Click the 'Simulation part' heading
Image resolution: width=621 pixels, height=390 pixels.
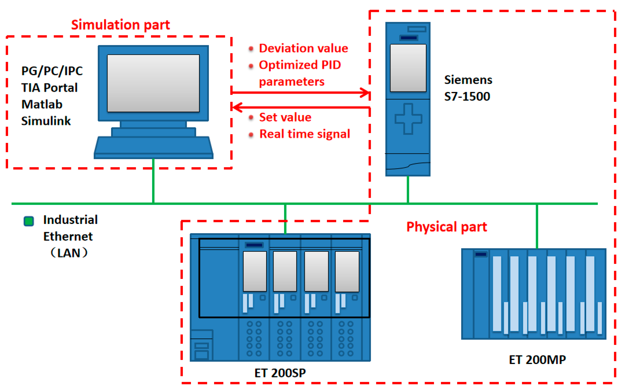[x=120, y=25]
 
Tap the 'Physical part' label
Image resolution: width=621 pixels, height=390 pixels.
[x=446, y=227]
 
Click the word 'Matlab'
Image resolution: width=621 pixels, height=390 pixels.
[x=42, y=104]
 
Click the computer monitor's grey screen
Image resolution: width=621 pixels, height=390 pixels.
[x=153, y=83]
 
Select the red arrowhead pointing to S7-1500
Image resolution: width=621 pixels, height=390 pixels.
[x=366, y=93]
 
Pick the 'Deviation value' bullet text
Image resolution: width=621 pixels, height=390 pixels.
[x=303, y=48]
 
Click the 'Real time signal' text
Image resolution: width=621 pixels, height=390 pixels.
[x=305, y=134]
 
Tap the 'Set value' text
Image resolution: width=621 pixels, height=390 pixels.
[x=285, y=117]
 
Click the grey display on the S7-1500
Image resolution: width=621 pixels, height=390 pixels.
[x=408, y=68]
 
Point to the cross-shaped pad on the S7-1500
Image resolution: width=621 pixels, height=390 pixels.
[x=408, y=119]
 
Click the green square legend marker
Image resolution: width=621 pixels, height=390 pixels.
[x=29, y=221]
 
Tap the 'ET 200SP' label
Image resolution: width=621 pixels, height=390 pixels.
[x=280, y=373]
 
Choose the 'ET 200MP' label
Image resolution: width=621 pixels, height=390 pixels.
[x=537, y=360]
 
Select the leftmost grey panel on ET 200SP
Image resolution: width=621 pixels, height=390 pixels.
[x=255, y=271]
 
